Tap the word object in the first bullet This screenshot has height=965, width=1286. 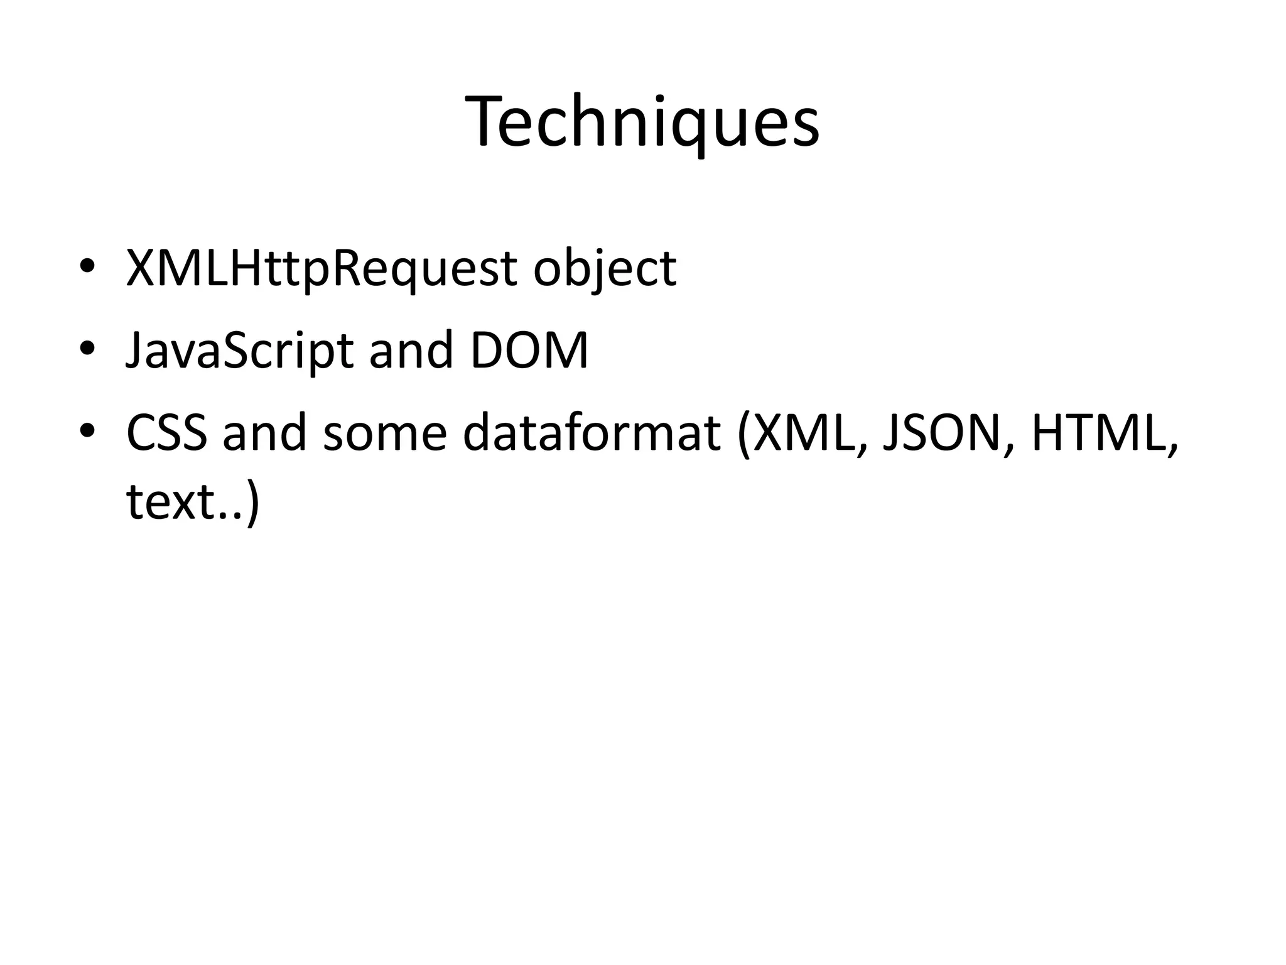tap(605, 269)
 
